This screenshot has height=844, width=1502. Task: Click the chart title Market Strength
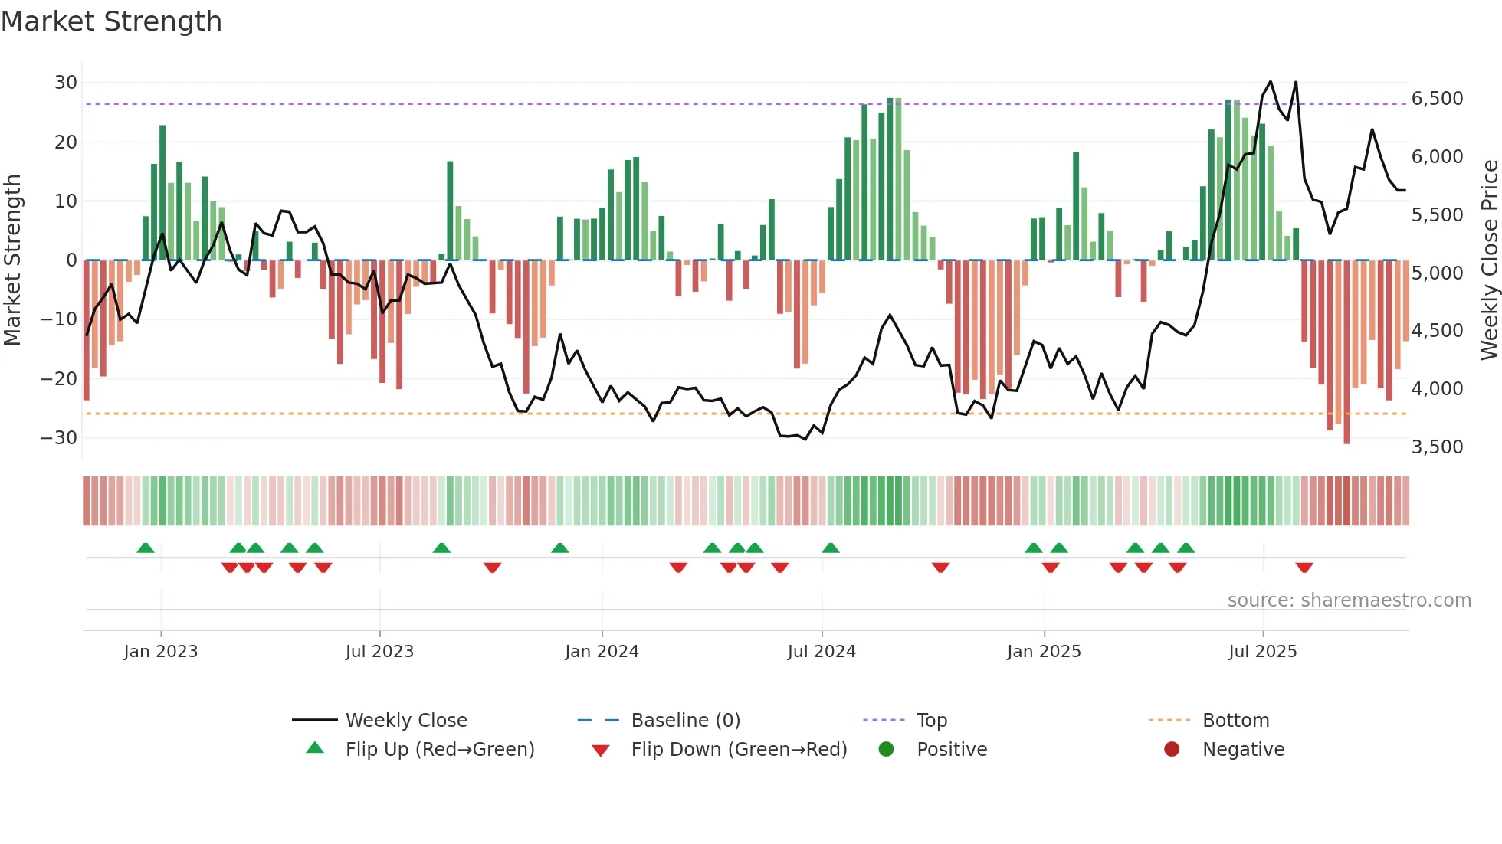(x=111, y=21)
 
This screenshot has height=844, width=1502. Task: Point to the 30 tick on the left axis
(x=66, y=83)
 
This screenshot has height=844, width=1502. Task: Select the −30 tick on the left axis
(x=60, y=438)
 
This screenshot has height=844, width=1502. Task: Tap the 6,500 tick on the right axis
(x=1437, y=99)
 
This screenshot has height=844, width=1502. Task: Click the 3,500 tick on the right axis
(x=1437, y=447)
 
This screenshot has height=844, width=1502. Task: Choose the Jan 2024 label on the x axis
(x=602, y=652)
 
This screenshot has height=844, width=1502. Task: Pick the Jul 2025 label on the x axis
(x=1262, y=652)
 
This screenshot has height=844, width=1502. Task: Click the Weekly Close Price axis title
(x=1489, y=260)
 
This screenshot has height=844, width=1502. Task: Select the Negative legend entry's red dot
(x=1172, y=750)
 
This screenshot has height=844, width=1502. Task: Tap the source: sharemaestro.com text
(x=1349, y=600)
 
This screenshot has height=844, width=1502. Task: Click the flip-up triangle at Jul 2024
(x=831, y=548)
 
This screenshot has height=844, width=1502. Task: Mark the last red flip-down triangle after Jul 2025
(x=1304, y=568)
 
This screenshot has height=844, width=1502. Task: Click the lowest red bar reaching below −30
(x=1346, y=352)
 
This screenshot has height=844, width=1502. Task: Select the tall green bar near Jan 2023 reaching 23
(x=162, y=191)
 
